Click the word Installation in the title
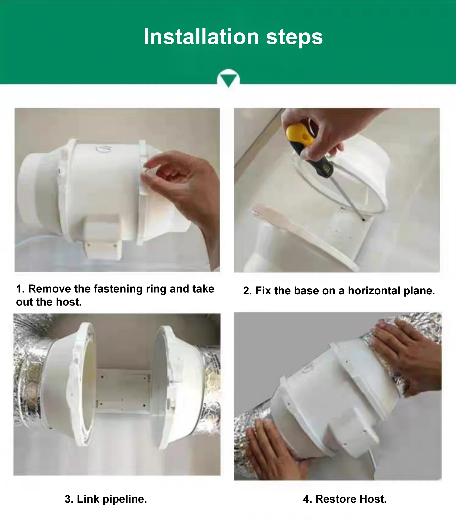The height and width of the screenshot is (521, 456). point(201,37)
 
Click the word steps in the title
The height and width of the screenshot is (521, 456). point(294,38)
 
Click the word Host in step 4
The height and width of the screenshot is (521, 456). point(373,499)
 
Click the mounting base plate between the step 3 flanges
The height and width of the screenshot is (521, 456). point(123,391)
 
